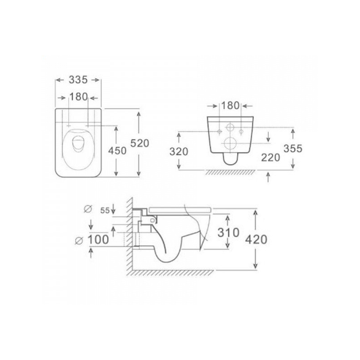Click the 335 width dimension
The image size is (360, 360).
tap(78, 80)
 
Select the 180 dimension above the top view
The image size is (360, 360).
tap(78, 97)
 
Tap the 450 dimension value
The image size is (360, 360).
tap(117, 151)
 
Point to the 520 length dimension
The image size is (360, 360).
tap(139, 143)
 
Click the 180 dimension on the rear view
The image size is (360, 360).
tap(230, 106)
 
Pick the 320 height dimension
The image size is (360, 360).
tap(179, 152)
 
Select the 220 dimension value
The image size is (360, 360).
tap(270, 157)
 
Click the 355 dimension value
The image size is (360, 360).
tap(293, 148)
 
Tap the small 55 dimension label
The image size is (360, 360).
tap(105, 211)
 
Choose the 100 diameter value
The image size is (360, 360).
tap(98, 240)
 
